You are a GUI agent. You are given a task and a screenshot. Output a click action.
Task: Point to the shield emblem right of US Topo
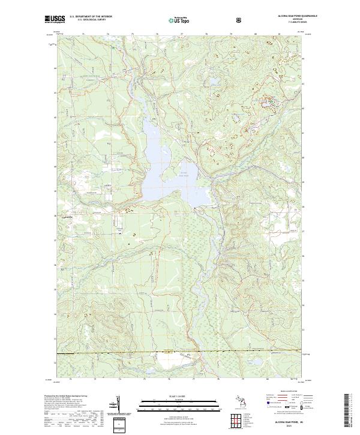[x=205, y=20]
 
